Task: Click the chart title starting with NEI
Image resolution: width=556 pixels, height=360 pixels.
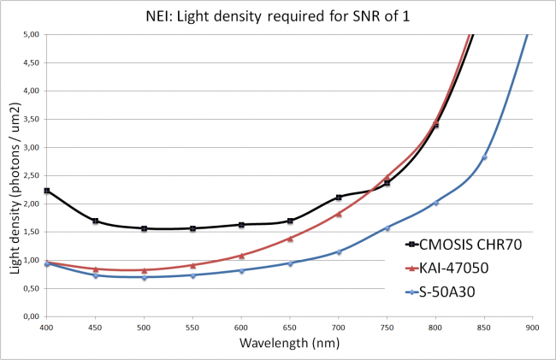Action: click(278, 16)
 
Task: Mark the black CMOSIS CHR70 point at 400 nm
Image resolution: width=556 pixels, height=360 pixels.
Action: click(47, 191)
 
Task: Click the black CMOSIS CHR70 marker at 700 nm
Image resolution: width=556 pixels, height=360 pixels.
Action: click(339, 198)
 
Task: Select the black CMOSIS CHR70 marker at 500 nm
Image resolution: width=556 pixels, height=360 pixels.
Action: click(145, 228)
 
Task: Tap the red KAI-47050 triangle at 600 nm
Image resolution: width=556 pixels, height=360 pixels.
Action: click(241, 255)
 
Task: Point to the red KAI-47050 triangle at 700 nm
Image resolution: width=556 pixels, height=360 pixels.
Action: click(339, 214)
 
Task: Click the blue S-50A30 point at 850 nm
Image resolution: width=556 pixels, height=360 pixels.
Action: click(484, 157)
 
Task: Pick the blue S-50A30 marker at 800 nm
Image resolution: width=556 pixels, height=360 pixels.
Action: click(435, 203)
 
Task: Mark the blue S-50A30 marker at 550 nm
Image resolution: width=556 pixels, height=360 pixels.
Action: click(193, 275)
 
